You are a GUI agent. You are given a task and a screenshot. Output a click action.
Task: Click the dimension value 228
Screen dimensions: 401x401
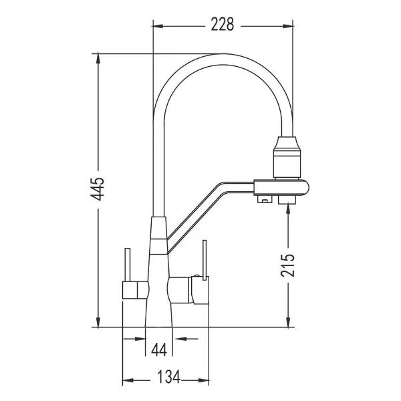(221, 25)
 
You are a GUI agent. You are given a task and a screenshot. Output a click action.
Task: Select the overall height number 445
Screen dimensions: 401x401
(98, 189)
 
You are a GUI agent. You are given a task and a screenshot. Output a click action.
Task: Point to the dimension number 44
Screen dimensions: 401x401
(159, 350)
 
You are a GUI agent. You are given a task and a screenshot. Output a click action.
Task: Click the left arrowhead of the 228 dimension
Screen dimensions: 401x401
(158, 25)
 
